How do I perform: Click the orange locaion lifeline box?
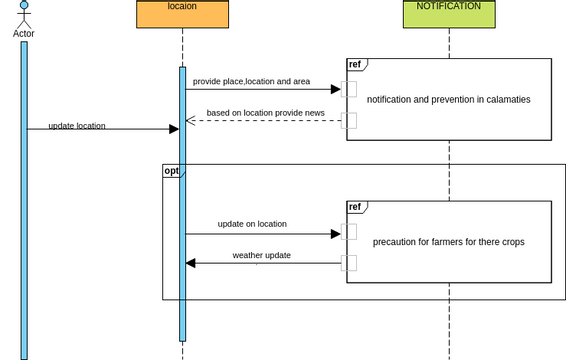coord(182,13)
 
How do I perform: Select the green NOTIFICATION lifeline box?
coord(449,13)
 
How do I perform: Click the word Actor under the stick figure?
coord(23,34)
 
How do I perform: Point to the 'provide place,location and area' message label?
coord(251,81)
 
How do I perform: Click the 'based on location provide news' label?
coord(265,113)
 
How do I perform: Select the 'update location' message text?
coord(77,126)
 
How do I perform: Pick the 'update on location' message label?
coord(252,224)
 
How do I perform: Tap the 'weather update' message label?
coord(262,255)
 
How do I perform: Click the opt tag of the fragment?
coord(172,171)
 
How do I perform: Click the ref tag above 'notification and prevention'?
coord(355,65)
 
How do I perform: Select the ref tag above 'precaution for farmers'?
coord(355,207)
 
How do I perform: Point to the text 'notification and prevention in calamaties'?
coord(448,100)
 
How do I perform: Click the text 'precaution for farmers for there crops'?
coord(448,242)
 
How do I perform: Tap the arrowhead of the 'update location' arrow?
coord(174,129)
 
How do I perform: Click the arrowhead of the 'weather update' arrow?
coord(191,263)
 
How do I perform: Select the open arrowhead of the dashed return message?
coord(191,121)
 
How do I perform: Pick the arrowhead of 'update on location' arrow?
coord(336,234)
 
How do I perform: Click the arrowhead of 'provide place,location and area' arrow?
coord(336,90)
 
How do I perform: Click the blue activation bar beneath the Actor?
coord(24,200)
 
